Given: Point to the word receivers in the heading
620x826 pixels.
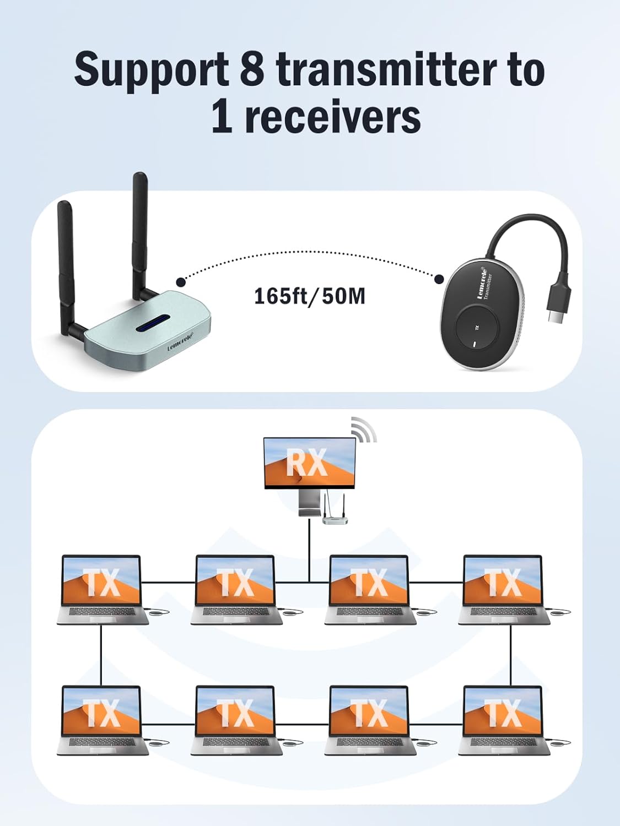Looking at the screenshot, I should tap(332, 117).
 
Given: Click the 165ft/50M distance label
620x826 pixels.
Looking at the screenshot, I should tap(309, 296).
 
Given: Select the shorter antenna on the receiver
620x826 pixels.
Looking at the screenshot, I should tap(66, 259).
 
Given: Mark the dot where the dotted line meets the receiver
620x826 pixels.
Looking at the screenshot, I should tap(181, 282).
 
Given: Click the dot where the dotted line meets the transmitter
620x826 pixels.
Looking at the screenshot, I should tap(439, 279).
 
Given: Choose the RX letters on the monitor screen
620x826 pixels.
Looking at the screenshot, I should tap(306, 463).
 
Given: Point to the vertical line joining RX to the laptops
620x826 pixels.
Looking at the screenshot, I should tap(309, 551).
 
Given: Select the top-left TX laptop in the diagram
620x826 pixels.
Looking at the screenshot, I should tap(102, 589).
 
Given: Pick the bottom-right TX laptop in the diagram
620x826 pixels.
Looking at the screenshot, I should tap(503, 720).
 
